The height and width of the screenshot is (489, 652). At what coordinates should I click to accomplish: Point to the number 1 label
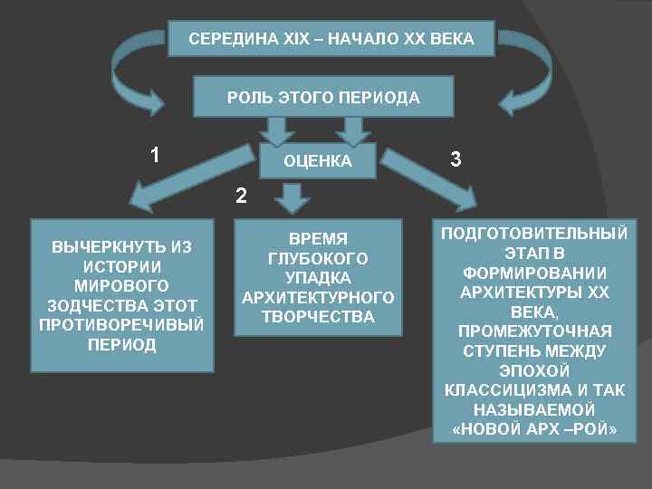coord(156,156)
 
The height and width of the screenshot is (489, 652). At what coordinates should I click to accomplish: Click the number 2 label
coord(240,194)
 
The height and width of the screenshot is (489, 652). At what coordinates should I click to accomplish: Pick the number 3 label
coord(455,159)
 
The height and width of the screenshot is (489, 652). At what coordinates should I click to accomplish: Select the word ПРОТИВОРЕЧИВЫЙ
coord(122,323)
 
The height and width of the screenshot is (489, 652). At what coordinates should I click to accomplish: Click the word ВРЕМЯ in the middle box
coord(318,238)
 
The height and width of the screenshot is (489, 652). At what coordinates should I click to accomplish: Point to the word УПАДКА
coord(318,277)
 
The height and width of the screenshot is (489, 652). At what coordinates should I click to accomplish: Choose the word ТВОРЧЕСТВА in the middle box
coord(318,316)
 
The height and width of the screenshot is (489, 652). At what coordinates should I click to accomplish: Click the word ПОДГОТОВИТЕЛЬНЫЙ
coord(533,234)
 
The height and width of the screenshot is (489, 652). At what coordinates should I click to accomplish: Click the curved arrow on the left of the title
coord(137,63)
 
